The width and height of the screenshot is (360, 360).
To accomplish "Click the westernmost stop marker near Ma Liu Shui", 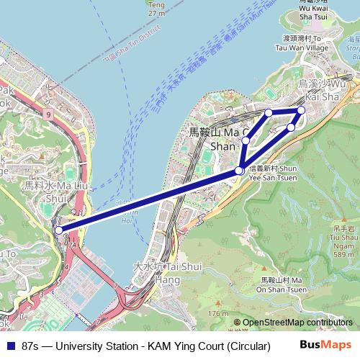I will pos(58,230).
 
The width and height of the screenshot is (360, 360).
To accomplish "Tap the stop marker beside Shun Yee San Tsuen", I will pos(239,171).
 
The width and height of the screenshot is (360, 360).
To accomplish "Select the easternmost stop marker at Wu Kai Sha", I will pos(301,110).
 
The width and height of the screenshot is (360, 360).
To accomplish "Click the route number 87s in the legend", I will pos(32,346).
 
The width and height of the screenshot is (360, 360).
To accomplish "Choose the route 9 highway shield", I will pos(48,114).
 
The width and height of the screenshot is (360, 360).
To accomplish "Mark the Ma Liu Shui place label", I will pos(45,191).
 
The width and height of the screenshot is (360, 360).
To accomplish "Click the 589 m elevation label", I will pos(343,254).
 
